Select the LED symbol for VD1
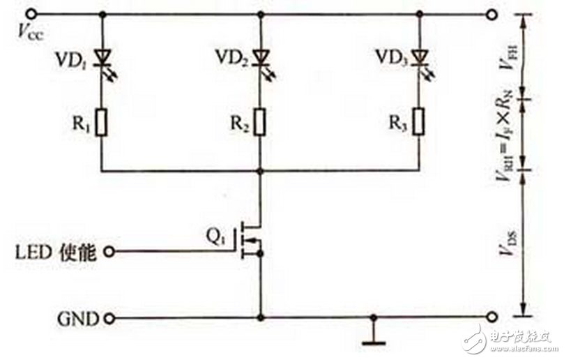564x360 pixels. tap(103, 56)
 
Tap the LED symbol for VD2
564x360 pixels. tap(261, 56)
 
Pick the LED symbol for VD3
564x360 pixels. tap(418, 56)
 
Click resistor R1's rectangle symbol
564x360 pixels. tap(102, 123)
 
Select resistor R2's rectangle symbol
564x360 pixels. tap(261, 123)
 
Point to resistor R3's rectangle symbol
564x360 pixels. tap(418, 123)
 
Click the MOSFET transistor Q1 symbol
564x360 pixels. tap(251, 240)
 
